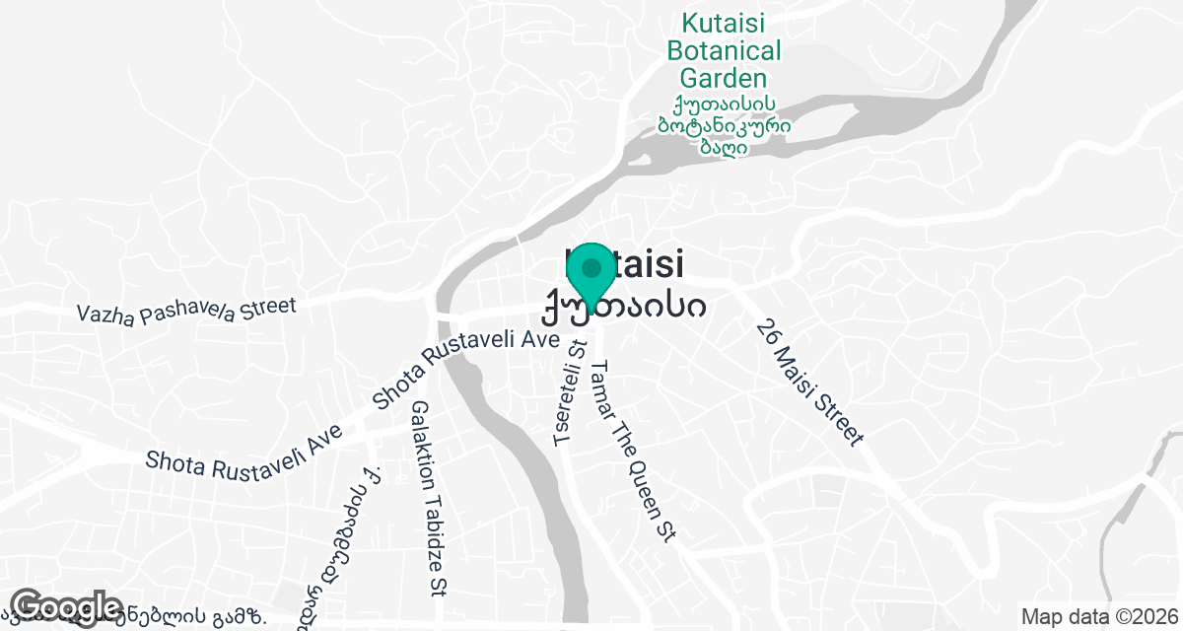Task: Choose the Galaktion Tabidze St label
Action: pyautogui.click(x=427, y=498)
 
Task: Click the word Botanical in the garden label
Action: pyautogui.click(x=724, y=50)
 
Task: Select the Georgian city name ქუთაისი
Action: pyautogui.click(x=623, y=307)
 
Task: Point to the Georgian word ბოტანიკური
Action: pyautogui.click(x=724, y=125)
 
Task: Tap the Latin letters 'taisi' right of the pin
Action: pyautogui.click(x=647, y=265)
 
